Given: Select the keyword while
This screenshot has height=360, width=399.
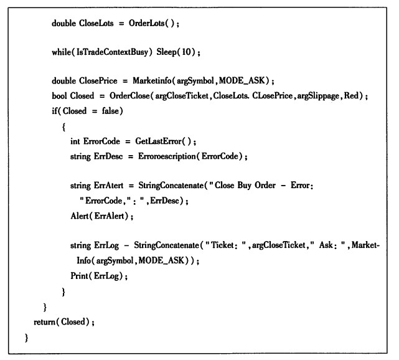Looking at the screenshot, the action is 62,52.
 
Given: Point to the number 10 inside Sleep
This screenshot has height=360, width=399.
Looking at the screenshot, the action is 186,52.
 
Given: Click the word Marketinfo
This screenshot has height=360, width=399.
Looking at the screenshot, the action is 152,81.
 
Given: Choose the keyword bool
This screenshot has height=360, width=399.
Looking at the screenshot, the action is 59,96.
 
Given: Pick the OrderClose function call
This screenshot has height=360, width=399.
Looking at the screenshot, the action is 129,96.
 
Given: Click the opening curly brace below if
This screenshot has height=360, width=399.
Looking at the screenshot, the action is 63,127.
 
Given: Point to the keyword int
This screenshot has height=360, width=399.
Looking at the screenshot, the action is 75,141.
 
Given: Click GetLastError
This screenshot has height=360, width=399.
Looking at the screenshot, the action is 158,141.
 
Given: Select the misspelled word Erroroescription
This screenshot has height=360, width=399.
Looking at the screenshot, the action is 167,156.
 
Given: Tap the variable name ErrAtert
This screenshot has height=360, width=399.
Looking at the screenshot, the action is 108,186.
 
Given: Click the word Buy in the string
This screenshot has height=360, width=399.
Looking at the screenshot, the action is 244,186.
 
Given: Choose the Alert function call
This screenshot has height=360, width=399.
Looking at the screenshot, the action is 80,216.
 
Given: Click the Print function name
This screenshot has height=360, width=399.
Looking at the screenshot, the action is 79,276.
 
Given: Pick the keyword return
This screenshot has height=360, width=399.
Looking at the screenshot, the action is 45,322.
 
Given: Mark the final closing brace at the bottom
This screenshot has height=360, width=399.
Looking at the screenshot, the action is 26,338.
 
